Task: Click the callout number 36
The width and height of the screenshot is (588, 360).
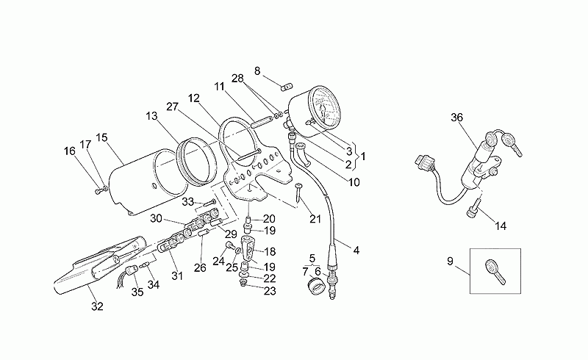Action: pos(456,118)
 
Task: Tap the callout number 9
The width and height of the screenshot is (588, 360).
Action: pos(451,261)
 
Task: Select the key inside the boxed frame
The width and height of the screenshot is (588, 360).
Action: pos(495,272)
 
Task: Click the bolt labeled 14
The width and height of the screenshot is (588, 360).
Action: pos(473,207)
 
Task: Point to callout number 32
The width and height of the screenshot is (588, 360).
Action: pos(97,306)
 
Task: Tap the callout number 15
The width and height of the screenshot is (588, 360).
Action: pos(101,137)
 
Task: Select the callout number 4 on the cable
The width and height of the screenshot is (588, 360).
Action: pos(356,250)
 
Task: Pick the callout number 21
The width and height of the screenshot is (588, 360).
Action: pos(315,219)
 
